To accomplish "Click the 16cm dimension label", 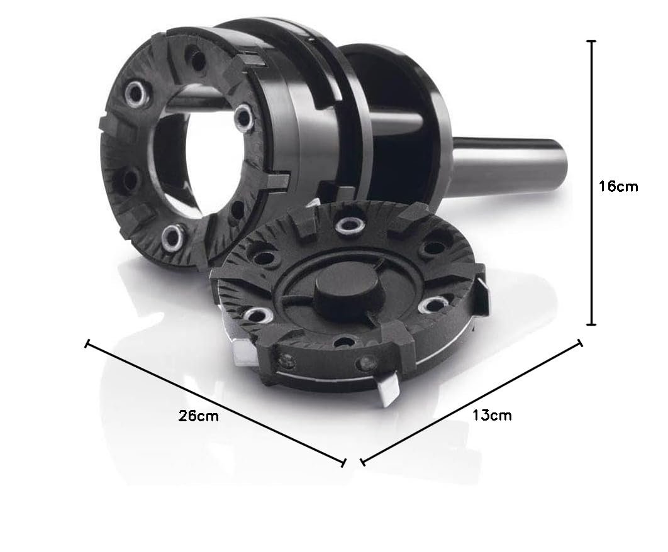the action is click(x=618, y=187).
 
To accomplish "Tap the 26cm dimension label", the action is click(x=199, y=416).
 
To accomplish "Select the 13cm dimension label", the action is click(x=492, y=415).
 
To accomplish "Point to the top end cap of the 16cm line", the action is click(x=591, y=41).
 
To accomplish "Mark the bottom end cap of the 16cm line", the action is click(x=591, y=324).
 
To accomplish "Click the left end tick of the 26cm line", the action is click(x=87, y=344).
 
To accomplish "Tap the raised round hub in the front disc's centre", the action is click(x=347, y=295).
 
